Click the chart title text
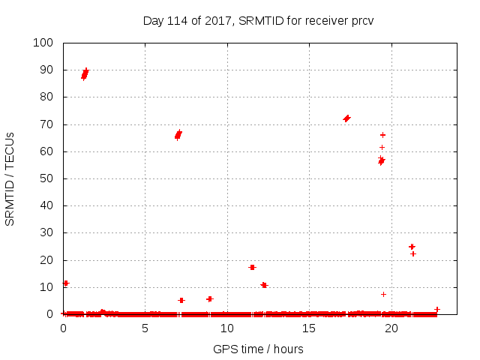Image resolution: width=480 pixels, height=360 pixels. click(258, 20)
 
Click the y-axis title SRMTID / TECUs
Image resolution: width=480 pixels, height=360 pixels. click(10, 178)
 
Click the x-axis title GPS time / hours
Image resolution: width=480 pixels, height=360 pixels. click(258, 349)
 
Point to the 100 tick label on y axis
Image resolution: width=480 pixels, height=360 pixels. click(43, 43)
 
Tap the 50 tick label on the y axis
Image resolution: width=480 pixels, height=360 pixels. click(46, 178)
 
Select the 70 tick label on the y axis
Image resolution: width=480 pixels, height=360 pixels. click(46, 124)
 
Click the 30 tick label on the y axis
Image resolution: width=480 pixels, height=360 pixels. click(46, 232)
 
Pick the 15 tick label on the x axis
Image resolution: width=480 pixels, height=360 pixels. click(309, 328)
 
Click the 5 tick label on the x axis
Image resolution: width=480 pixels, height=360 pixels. click(145, 328)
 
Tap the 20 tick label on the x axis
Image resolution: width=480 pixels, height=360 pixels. click(391, 328)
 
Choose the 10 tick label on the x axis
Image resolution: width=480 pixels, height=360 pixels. click(226, 328)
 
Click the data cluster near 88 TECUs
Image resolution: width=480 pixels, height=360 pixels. click(85, 73)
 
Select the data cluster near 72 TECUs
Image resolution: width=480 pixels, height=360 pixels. click(346, 118)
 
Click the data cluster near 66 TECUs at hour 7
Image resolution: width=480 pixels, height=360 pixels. click(178, 135)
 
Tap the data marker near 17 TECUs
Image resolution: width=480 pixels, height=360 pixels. click(252, 267)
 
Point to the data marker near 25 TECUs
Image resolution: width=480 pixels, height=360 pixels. click(412, 246)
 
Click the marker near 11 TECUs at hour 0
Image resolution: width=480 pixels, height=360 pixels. click(65, 283)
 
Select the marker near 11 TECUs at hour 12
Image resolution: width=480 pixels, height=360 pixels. click(264, 285)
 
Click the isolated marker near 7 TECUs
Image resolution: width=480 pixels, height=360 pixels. click(383, 294)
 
